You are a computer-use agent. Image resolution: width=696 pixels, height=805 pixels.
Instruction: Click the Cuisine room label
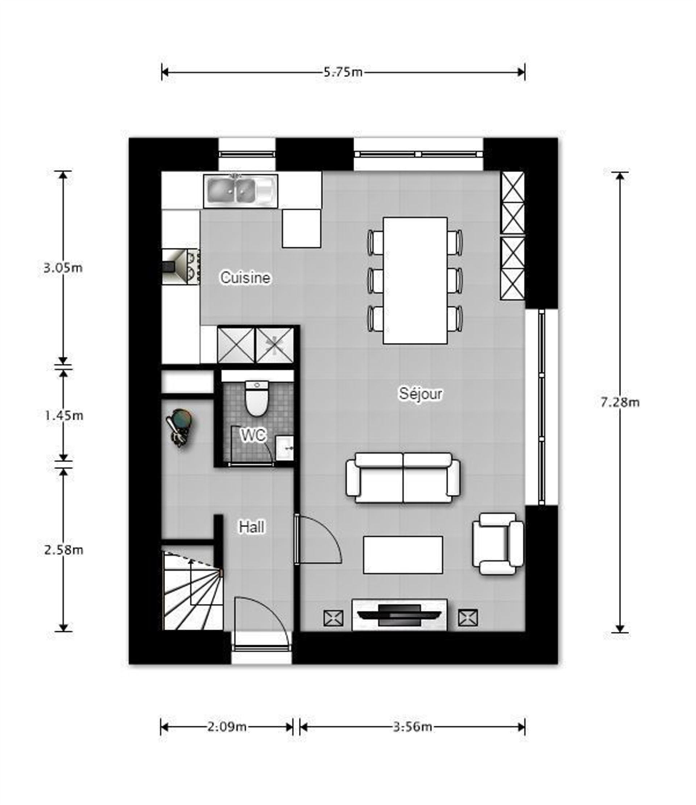245,277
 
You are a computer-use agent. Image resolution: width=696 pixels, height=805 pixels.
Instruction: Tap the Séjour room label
420,394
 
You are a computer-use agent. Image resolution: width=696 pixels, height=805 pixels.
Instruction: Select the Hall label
252,527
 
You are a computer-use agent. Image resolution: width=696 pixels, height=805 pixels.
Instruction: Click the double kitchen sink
240,191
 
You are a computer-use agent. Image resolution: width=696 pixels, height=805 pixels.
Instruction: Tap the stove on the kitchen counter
181,267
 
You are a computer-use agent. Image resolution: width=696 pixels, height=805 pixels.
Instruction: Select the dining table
415,281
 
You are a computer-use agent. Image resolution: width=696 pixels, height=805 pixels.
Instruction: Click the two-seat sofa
403,478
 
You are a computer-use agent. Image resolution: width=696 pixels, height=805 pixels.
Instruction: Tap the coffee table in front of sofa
403,555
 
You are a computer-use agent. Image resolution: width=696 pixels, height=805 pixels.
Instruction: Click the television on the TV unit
399,615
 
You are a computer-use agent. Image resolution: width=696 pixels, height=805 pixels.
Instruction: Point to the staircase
192,591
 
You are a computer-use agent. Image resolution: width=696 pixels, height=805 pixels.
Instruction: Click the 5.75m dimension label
343,72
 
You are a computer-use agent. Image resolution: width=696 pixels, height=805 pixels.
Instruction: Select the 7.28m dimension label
620,402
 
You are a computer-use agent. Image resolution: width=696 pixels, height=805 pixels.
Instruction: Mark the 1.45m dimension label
64,416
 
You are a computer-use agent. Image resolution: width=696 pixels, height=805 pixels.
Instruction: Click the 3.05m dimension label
63,268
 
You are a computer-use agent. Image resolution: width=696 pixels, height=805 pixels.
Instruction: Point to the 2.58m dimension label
64,550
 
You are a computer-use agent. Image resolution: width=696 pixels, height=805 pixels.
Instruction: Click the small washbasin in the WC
285,447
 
